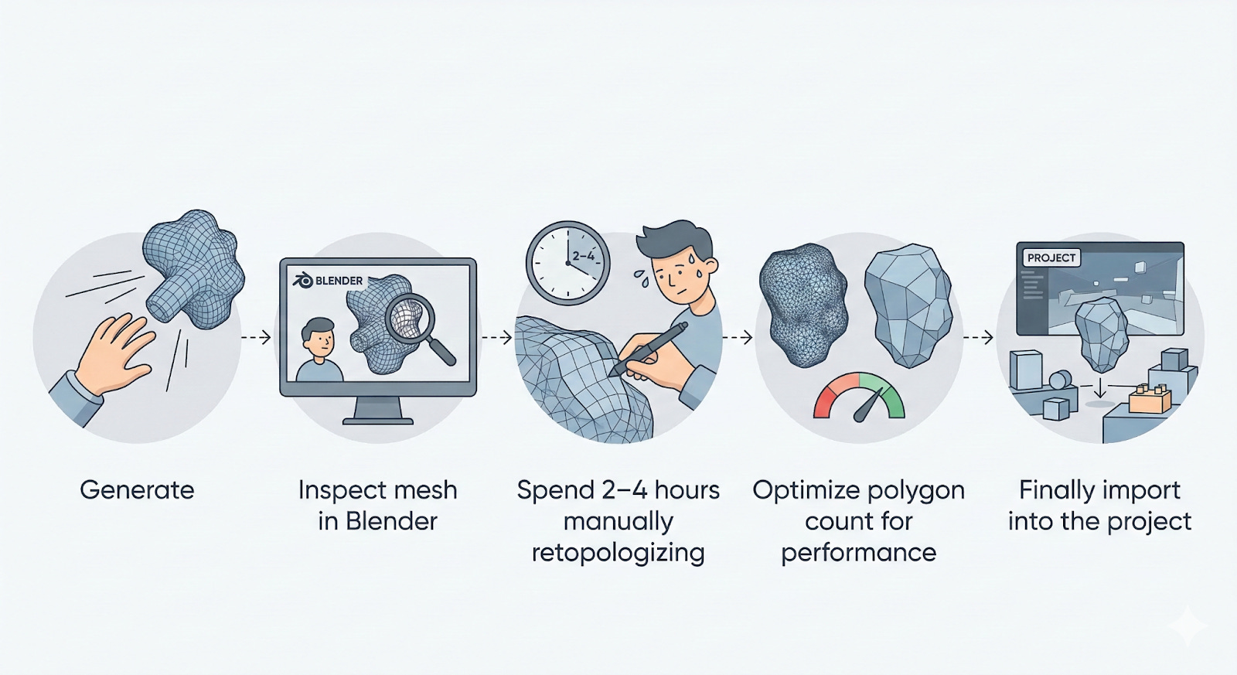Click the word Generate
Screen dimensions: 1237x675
(137, 490)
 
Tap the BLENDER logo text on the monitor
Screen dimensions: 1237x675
(339, 281)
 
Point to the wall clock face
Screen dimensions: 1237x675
(567, 263)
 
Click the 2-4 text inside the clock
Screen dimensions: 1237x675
(584, 256)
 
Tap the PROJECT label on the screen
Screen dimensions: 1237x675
(1051, 258)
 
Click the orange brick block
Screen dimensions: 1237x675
(1150, 399)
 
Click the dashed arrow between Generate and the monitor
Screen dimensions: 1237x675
(256, 337)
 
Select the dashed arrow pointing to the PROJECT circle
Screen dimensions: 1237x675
(978, 337)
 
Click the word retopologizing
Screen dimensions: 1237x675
(618, 553)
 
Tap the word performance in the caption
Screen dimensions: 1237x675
(858, 553)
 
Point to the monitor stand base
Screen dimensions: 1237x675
(377, 420)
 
